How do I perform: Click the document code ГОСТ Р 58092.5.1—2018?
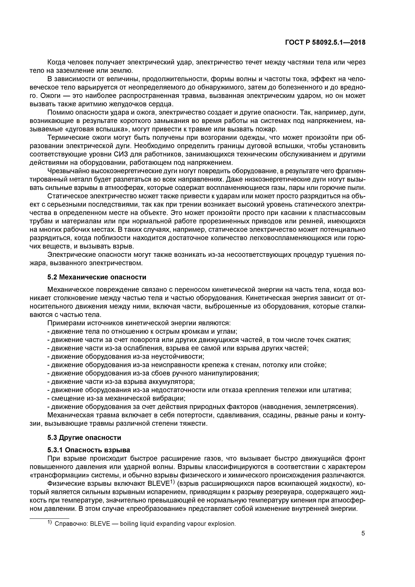[x=325, y=43]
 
